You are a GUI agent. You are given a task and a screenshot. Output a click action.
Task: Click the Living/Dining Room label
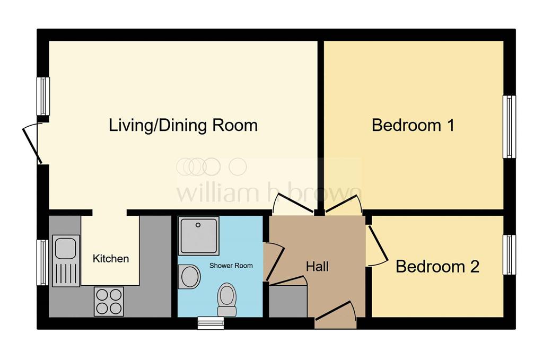pos(183,126)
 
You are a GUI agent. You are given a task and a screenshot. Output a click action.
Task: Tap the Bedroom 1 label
pos(413,126)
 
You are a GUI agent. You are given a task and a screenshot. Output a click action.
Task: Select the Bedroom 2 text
pos(437,266)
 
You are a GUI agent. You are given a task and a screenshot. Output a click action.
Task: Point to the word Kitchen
pos(111,259)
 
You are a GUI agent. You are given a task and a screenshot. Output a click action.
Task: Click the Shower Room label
pos(231,265)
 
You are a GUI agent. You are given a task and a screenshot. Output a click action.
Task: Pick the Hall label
pos(317,266)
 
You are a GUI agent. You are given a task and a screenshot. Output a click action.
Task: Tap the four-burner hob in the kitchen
pos(109,301)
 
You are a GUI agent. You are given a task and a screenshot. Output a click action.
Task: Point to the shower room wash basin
pos(189,276)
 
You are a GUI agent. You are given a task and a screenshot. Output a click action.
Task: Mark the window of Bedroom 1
pos(509,127)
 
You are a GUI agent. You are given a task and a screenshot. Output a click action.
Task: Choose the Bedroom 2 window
pos(509,255)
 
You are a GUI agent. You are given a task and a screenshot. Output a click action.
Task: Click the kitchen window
pos(42,262)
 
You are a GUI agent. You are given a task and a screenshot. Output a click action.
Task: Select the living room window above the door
pos(42,96)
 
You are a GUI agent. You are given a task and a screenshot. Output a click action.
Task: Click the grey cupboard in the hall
pos(288,301)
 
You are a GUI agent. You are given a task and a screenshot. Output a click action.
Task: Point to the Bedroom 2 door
pos(377,244)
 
